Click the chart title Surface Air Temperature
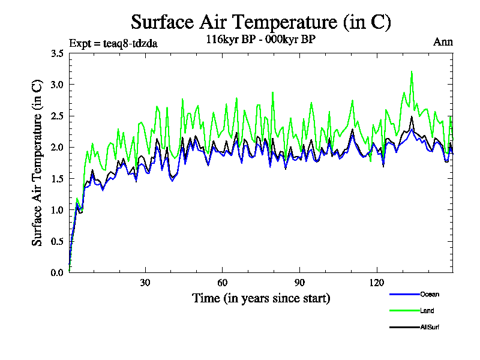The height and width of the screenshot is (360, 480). tap(261, 22)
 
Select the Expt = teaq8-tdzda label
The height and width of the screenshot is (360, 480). tap(113, 43)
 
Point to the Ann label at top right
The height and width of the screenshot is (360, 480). tap(443, 42)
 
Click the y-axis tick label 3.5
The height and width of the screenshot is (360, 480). tap(58, 53)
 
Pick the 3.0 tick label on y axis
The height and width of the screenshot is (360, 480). tap(58, 85)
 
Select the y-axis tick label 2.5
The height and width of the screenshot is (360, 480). tap(58, 116)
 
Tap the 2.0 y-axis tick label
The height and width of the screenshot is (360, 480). tap(58, 147)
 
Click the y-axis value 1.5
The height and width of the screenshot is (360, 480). tap(58, 179)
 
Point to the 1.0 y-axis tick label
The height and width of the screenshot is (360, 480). tap(58, 210)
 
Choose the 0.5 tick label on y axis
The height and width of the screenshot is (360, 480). tap(58, 241)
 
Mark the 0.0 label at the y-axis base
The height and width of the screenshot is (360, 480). tap(58, 272)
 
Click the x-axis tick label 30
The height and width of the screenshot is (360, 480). tap(145, 283)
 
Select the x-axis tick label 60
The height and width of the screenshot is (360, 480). tap(222, 283)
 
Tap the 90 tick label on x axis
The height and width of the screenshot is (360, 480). tap(299, 283)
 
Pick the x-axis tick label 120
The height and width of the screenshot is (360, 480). tap(377, 283)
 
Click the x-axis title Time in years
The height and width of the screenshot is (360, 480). tap(261, 298)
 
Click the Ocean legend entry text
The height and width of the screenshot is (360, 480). tap(429, 295)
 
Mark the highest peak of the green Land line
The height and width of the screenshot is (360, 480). tap(412, 71)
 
